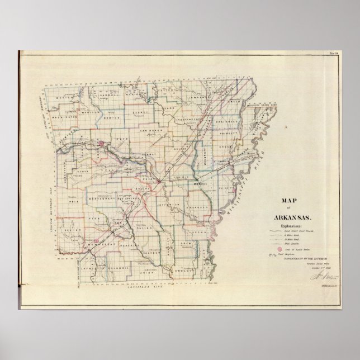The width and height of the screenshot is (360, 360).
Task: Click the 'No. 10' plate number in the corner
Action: (334, 54)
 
